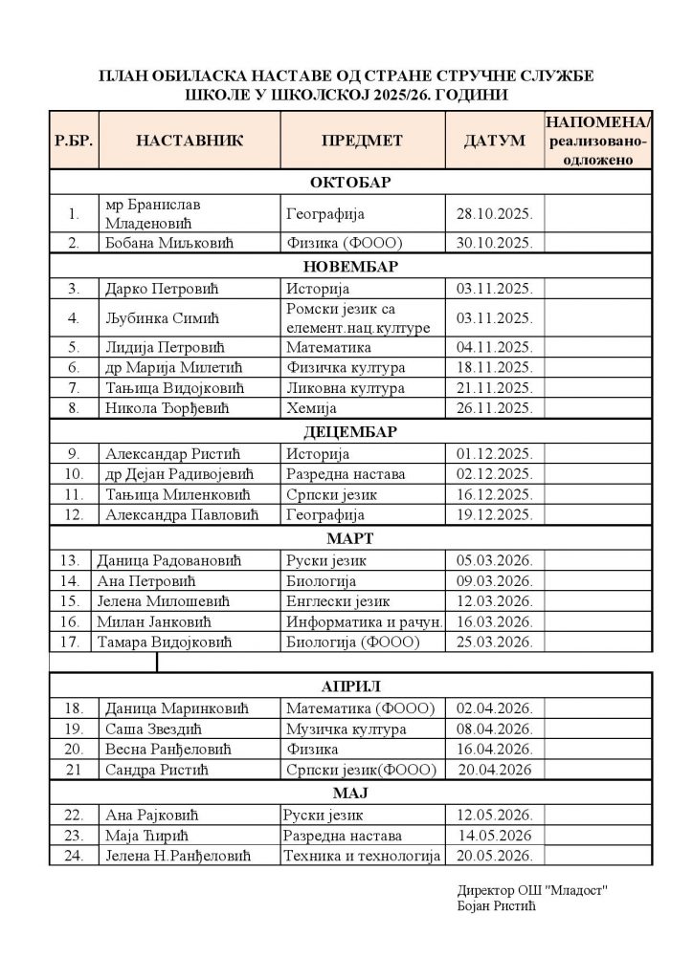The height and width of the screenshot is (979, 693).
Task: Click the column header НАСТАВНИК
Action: [x=190, y=141]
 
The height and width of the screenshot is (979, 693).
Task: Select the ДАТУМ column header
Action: [x=494, y=141]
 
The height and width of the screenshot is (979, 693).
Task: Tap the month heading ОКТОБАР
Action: [x=351, y=182]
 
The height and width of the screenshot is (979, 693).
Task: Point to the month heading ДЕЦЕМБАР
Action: [x=351, y=431]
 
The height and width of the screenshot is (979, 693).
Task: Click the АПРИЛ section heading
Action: [x=351, y=685]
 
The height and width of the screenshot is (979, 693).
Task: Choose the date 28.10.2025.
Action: [x=495, y=214]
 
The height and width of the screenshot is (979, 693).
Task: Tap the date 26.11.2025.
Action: [x=495, y=408]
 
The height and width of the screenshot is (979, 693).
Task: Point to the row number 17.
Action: [x=69, y=642]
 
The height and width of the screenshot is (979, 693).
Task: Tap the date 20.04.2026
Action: [x=495, y=770]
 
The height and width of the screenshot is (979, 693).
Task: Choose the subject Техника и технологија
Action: [x=362, y=855]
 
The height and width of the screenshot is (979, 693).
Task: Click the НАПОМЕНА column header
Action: [x=598, y=141]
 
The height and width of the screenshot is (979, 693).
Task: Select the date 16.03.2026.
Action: [x=495, y=621]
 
